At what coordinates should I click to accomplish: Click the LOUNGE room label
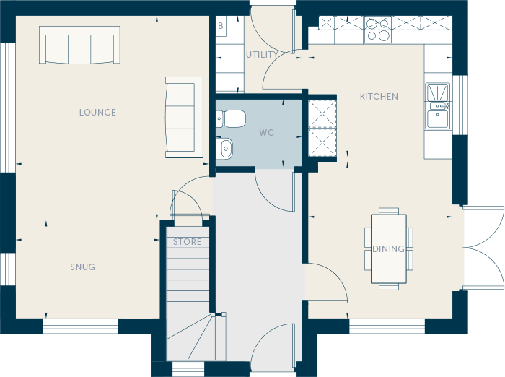coord(97,113)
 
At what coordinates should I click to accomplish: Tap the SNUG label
coord(83,267)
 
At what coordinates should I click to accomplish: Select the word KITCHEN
coord(379,97)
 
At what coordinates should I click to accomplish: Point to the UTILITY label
coord(262,55)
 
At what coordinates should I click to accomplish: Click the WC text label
coord(266,133)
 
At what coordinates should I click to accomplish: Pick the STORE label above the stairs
coord(187,242)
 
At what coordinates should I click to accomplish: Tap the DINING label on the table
coord(388,249)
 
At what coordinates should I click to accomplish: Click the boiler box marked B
coord(221,26)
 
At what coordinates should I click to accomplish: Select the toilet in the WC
coord(230,118)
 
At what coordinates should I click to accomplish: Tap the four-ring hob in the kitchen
coord(378,30)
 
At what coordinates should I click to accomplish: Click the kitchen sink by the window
coord(437,106)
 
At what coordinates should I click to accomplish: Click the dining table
coord(389,248)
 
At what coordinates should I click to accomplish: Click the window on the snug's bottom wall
coord(81,326)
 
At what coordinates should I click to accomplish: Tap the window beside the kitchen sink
coord(460,105)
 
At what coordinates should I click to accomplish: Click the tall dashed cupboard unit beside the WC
coord(322,129)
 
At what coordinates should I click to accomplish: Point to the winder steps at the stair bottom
coord(196,337)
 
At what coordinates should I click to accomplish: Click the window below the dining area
coord(387,326)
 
